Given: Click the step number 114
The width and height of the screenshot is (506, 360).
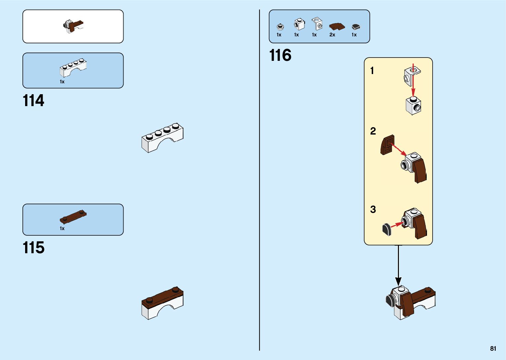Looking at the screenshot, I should click(x=33, y=101).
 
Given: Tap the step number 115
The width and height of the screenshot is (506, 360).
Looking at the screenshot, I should click(x=33, y=248).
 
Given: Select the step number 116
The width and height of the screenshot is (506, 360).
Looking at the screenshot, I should click(x=280, y=55).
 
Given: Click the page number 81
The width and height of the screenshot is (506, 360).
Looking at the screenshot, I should click(x=493, y=348).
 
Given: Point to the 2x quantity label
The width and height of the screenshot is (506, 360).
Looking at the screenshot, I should click(x=332, y=35).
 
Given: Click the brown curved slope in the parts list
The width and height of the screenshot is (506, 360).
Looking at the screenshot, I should click(x=337, y=26).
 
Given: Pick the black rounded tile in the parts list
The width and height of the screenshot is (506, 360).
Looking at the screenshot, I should click(x=356, y=27).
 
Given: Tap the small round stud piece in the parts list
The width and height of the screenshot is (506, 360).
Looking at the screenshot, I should click(x=280, y=26).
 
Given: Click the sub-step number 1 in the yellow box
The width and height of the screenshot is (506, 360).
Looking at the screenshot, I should click(x=372, y=70).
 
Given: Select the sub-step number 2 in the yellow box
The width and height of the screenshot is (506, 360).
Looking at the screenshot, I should click(x=373, y=131).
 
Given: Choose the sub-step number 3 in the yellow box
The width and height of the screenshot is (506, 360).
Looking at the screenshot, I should click(x=373, y=209).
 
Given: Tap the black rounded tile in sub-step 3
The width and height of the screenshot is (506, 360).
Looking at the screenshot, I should click(x=386, y=229).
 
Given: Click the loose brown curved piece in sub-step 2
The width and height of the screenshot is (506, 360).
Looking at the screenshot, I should click(x=387, y=145).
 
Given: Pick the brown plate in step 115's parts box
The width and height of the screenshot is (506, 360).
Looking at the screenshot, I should click(x=73, y=217).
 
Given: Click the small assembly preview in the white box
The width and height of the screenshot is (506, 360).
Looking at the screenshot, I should click(x=73, y=26).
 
